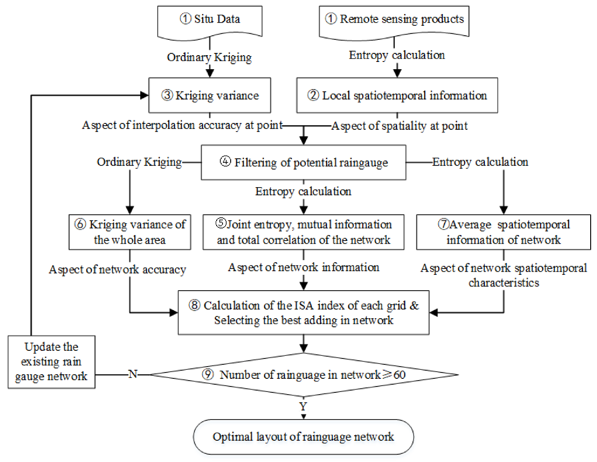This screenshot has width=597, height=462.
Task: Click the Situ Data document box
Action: coord(209,20)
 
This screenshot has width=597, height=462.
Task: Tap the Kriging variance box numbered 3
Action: coord(210,95)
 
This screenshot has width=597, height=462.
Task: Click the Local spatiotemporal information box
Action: coord(397,95)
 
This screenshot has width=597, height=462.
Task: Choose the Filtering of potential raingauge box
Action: coord(303,162)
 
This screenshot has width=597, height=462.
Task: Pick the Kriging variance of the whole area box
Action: coord(130,232)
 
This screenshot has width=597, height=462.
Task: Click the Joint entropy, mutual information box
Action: coord(303,232)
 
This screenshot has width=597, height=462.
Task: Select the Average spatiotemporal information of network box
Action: coord(503,232)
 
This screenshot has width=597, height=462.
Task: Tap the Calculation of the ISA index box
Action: coord(303,312)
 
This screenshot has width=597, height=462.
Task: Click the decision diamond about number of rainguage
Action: coord(303,374)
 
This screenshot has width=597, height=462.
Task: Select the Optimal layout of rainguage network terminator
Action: coord(303,437)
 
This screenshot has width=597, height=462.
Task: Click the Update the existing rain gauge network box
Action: coord(52,362)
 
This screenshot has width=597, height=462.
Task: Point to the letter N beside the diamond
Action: coord(133,374)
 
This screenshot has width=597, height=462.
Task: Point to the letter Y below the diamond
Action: coord(303,406)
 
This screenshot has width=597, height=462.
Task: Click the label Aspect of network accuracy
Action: coord(118,270)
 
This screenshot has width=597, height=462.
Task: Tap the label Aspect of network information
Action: coord(303,268)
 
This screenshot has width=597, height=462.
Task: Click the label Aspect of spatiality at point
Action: coord(400,126)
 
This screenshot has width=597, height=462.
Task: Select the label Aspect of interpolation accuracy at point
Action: coord(182,125)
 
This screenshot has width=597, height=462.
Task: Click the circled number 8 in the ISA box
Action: coord(194,305)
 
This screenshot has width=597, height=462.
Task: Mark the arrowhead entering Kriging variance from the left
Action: coord(145,95)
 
